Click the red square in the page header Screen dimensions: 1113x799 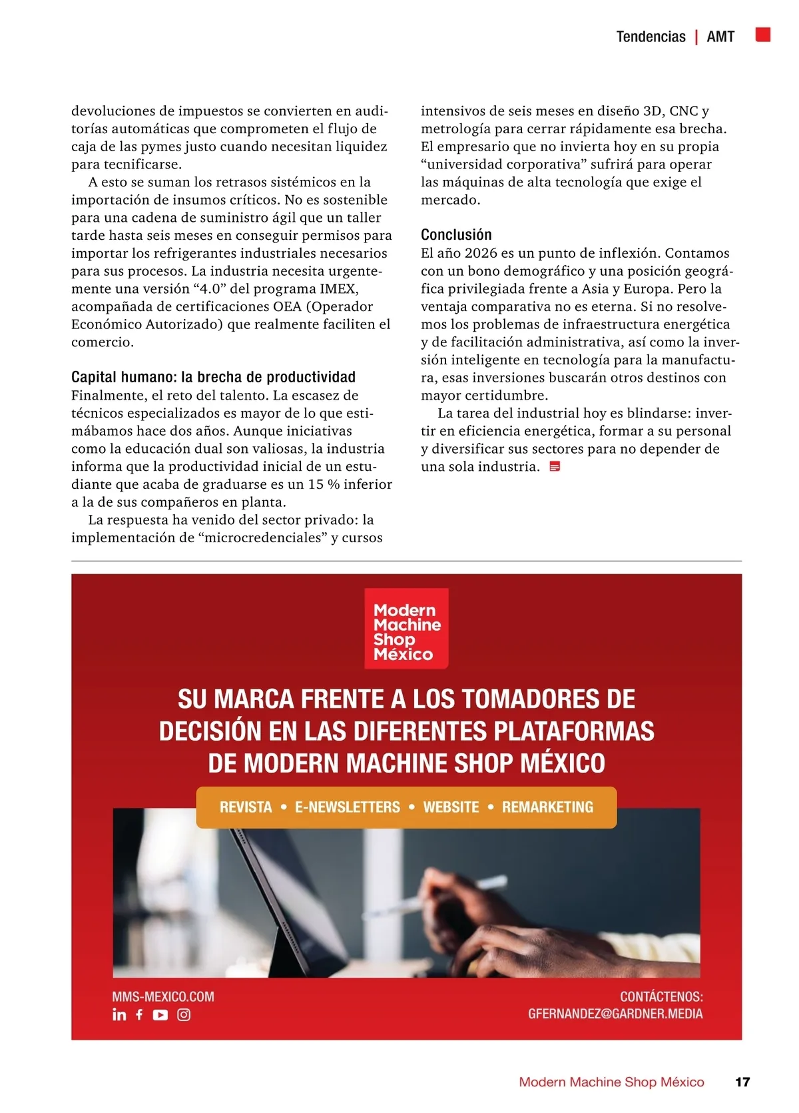click(763, 35)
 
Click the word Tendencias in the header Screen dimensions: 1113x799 click(651, 37)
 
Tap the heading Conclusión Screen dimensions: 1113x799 click(456, 234)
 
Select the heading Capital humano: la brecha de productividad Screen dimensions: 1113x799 click(213, 377)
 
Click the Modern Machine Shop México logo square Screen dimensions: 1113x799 click(406, 628)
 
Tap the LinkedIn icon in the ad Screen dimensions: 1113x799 click(119, 1014)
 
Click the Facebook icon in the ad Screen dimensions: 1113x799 click(139, 1014)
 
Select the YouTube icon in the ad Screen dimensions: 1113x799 click(160, 1014)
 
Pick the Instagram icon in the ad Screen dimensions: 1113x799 click(184, 1014)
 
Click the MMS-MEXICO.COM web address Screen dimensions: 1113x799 click(163, 996)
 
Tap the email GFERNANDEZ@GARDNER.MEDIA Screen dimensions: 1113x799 click(615, 1014)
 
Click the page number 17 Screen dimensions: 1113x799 click(742, 1082)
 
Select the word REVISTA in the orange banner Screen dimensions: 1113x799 click(246, 807)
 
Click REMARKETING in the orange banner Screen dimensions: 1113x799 click(547, 807)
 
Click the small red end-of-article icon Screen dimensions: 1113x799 click(555, 467)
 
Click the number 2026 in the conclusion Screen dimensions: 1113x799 click(481, 253)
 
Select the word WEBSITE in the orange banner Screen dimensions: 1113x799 click(451, 807)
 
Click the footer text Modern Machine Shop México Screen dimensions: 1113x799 click(611, 1082)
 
